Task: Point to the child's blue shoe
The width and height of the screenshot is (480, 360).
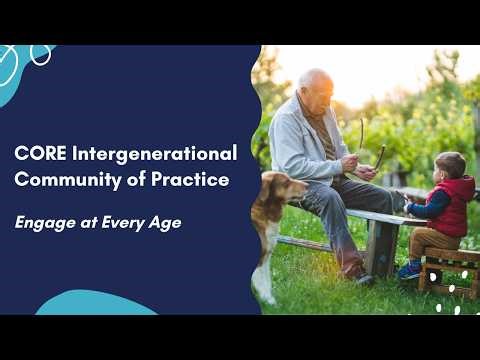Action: tap(410, 269)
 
